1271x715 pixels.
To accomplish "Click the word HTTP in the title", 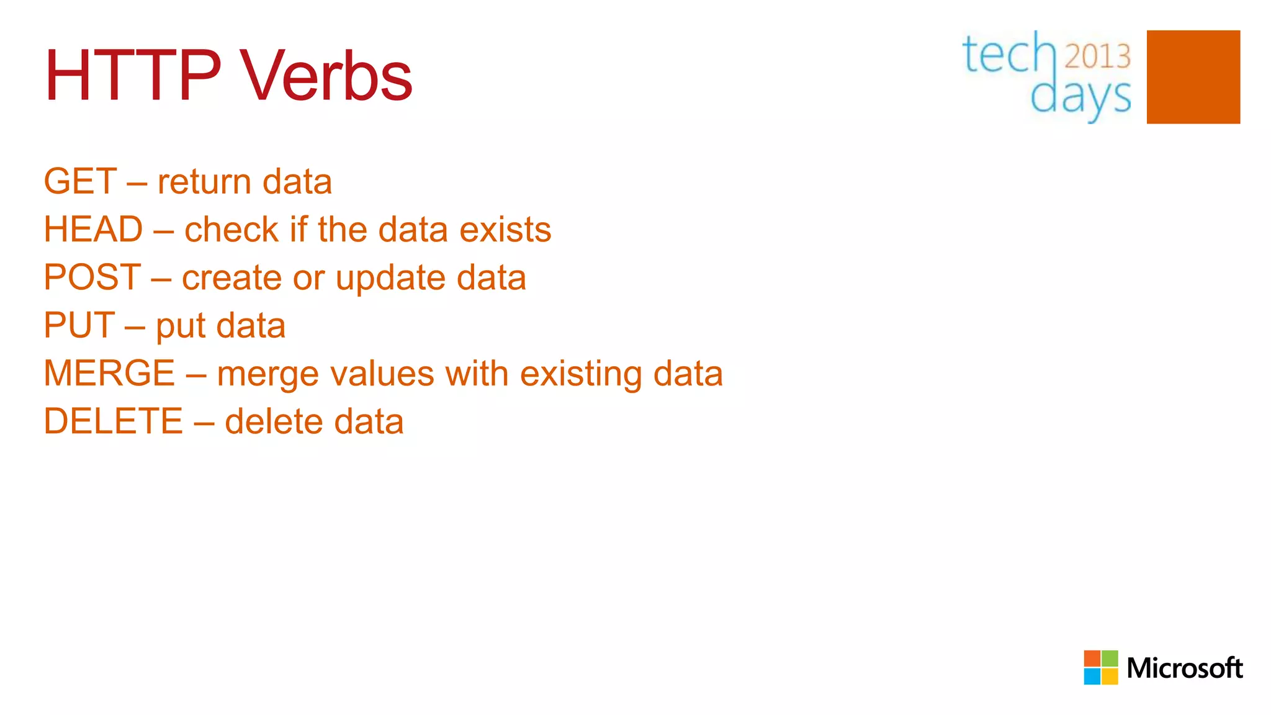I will (132, 76).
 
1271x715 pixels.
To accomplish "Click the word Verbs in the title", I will (326, 76).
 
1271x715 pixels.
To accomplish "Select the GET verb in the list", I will (80, 181).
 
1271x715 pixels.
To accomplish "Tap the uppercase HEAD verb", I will (93, 229).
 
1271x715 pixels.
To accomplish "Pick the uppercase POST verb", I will (92, 277).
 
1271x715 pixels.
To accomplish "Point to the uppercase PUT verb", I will (79, 325).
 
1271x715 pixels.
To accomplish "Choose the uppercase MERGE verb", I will (109, 373).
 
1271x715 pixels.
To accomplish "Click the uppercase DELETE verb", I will (114, 421).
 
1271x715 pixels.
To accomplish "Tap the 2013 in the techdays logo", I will (1098, 56).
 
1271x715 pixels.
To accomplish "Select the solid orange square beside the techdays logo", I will (1193, 77).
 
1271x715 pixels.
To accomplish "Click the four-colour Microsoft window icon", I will (1101, 667).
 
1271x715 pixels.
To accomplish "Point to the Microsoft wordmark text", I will (1184, 668).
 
